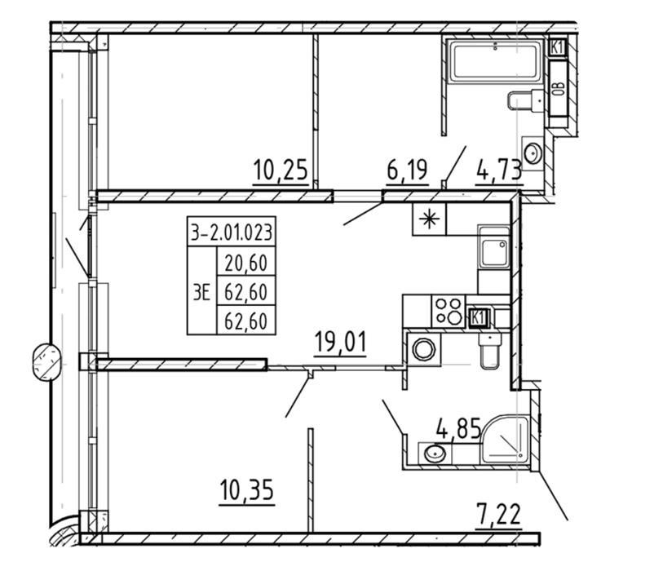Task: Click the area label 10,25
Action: point(281,170)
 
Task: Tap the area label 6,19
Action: point(407,170)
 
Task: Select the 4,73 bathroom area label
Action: point(499,171)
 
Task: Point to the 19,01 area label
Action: point(340,342)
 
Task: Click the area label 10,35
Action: point(247,489)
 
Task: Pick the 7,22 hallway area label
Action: point(498,514)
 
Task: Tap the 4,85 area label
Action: point(459,428)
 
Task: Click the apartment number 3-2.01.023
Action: point(232,232)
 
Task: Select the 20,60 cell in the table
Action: point(246,263)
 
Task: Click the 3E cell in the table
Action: point(201,292)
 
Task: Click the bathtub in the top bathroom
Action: point(496,60)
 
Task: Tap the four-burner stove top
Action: point(449,312)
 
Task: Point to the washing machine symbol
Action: point(424,349)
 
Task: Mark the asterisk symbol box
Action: point(429,219)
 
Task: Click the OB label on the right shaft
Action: point(559,89)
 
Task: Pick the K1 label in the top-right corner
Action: point(558,47)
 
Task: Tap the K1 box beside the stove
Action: point(478,318)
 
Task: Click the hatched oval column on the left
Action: point(46,362)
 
